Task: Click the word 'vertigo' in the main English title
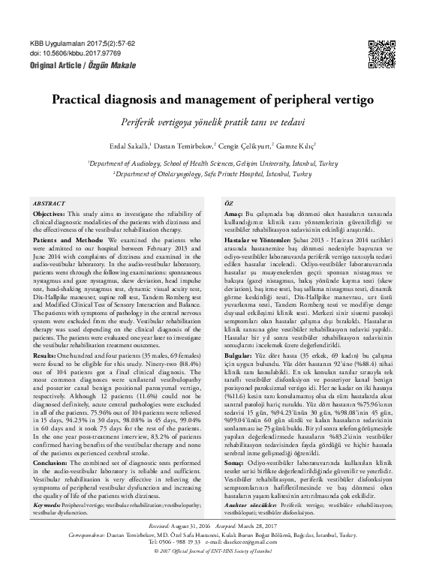[x=353, y=98]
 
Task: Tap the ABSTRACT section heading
[x=49, y=203]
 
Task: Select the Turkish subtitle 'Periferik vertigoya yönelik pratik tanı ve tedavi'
[x=215, y=121]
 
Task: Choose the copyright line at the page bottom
[x=215, y=572]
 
